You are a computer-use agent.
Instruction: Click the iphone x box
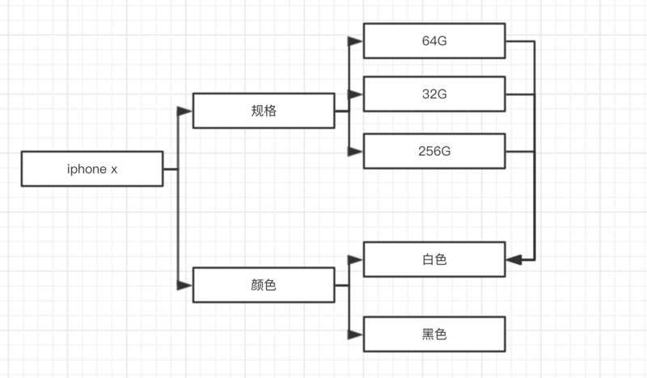tap(92, 169)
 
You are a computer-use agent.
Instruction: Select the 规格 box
tap(264, 111)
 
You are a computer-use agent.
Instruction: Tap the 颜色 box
tap(264, 285)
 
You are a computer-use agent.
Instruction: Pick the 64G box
tap(434, 40)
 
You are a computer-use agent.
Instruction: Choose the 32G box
tap(434, 94)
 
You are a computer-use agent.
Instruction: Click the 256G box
tap(434, 151)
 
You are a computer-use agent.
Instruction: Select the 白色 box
tap(434, 259)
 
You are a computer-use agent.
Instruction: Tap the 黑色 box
tap(434, 334)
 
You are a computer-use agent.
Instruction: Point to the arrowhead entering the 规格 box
tap(185, 111)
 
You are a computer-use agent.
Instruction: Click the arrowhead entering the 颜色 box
tap(185, 285)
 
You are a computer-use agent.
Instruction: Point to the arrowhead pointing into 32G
tap(356, 94)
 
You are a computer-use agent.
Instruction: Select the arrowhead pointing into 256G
tap(356, 151)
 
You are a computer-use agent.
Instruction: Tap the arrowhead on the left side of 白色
tap(356, 259)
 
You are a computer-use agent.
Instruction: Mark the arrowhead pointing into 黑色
tap(356, 334)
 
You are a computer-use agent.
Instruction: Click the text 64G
tap(434, 40)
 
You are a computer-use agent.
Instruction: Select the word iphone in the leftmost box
tap(85, 169)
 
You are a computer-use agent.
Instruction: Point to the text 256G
tap(434, 151)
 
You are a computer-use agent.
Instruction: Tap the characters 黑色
tap(434, 334)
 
